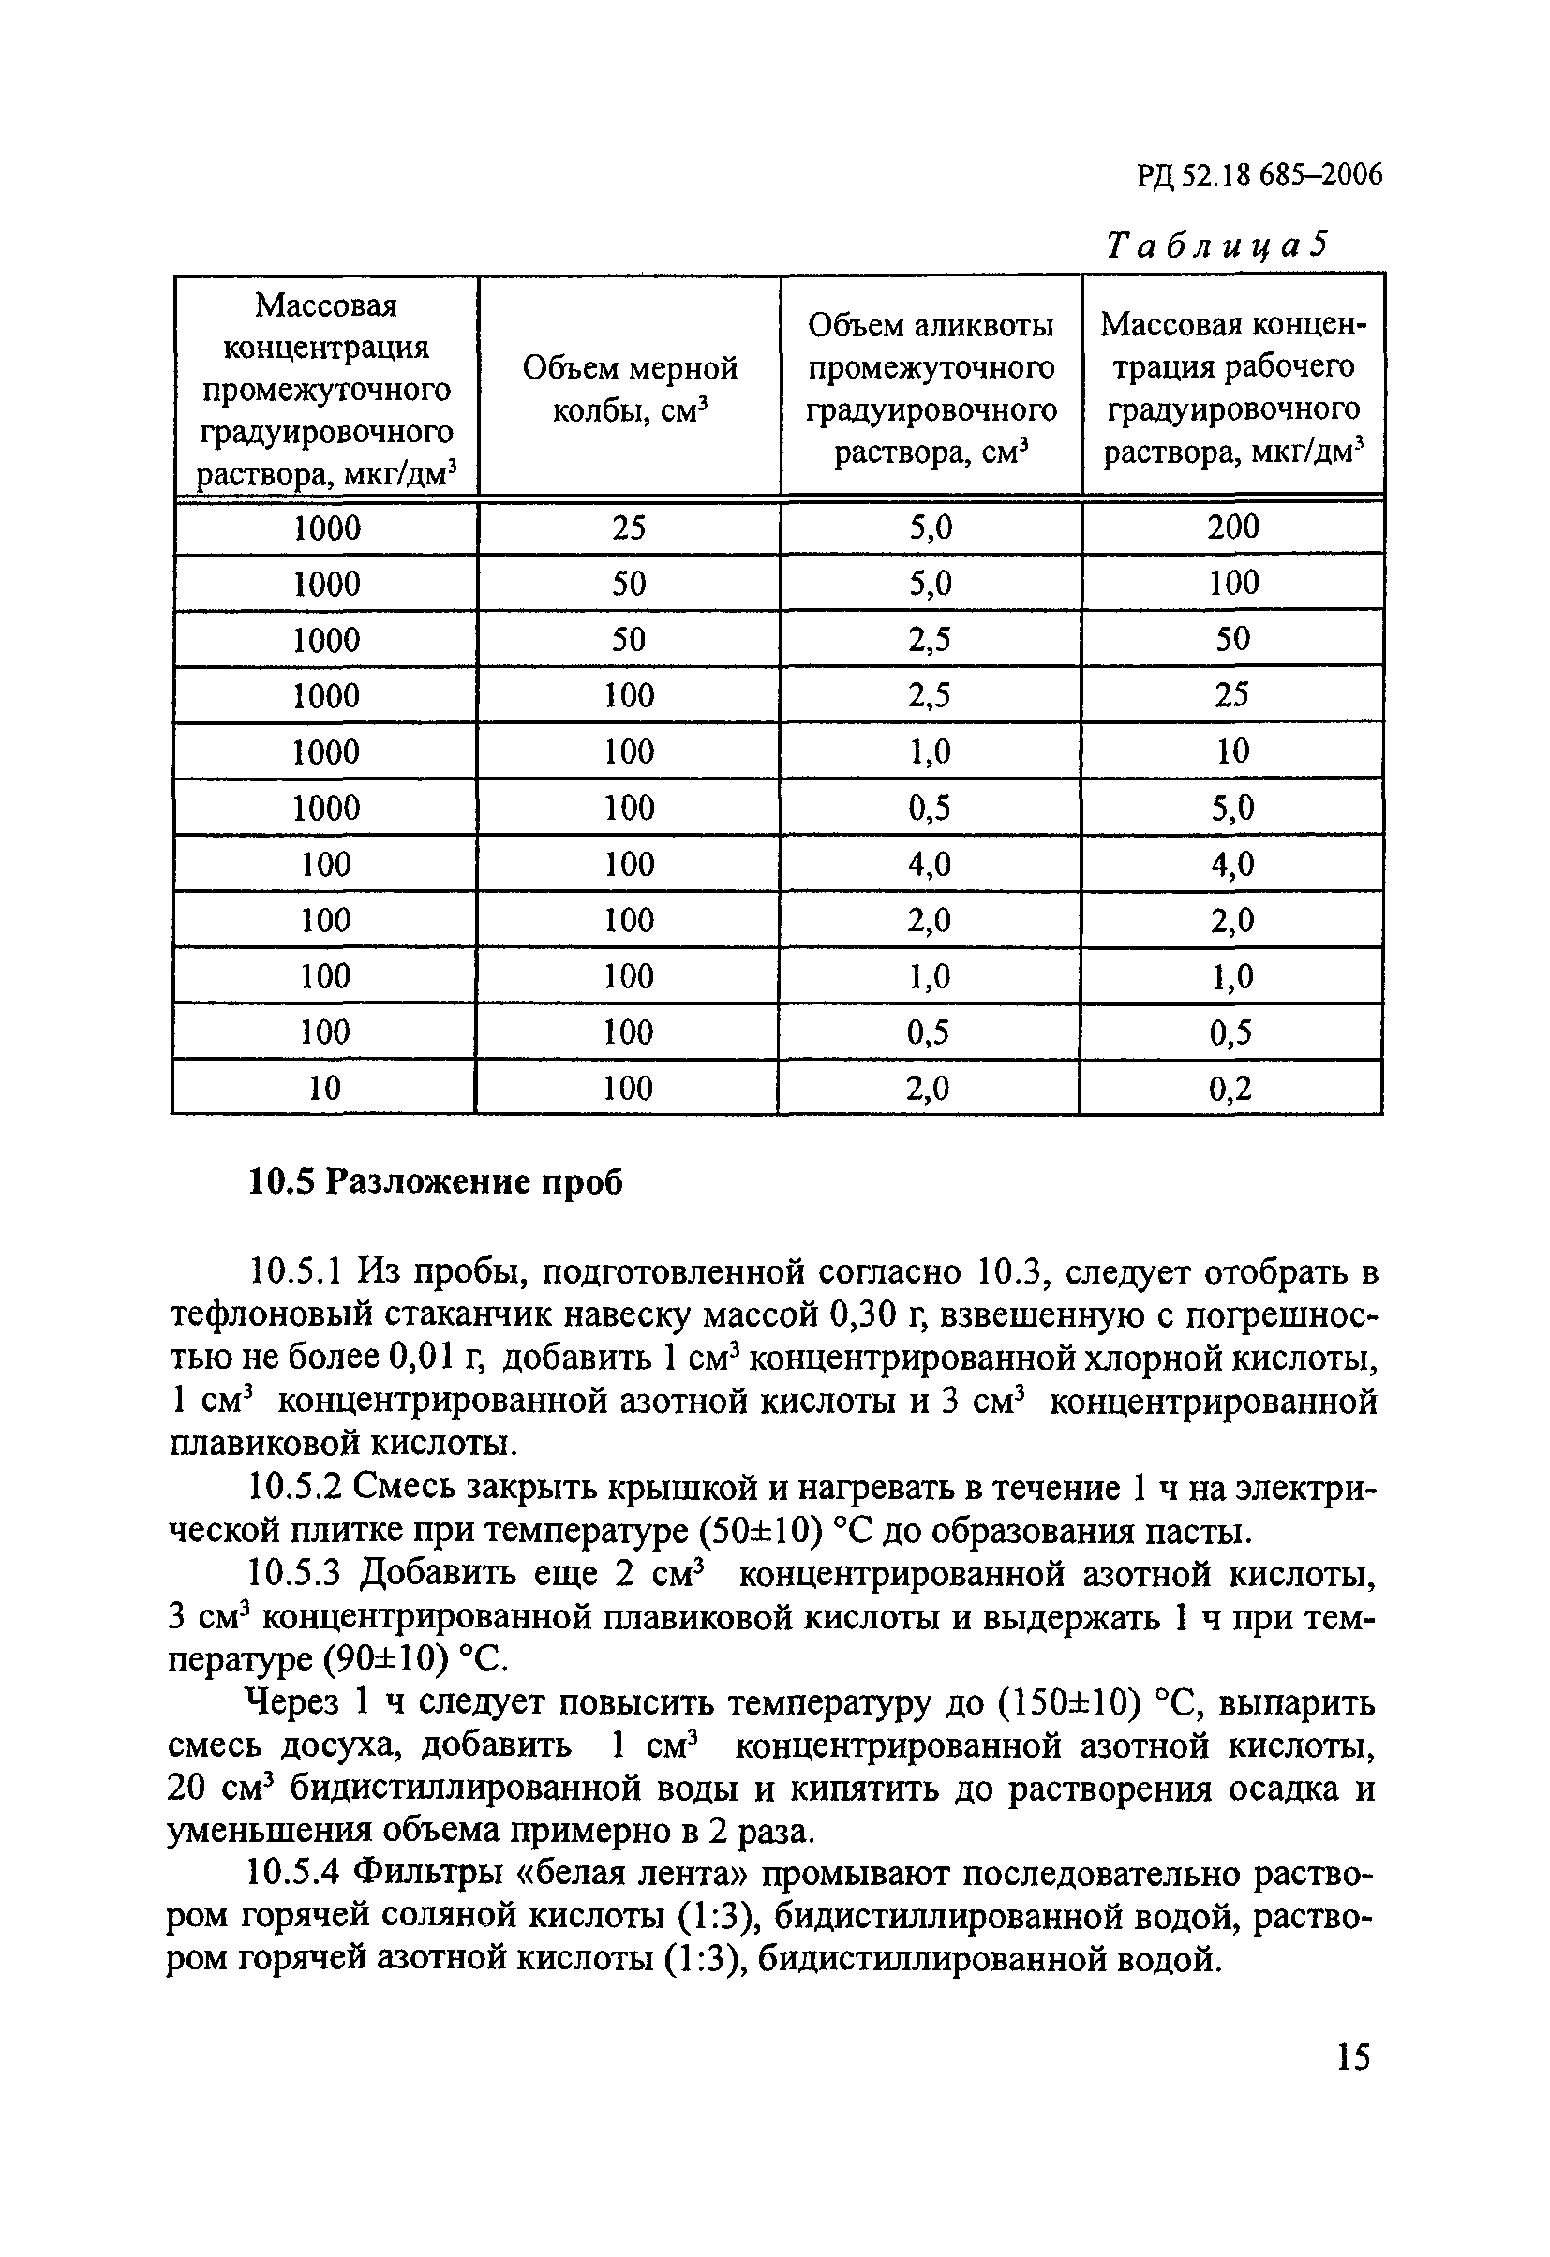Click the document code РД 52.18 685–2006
point(1259,175)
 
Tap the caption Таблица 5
point(1215,245)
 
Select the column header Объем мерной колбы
point(630,389)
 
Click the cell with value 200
point(1232,527)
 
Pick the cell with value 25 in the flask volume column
point(629,528)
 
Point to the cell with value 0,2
point(1230,1089)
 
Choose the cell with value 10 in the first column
point(324,1089)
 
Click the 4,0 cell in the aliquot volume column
point(930,865)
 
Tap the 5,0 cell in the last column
point(1231,808)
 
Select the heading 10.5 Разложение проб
point(436,1183)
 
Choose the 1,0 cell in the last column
point(1231,977)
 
